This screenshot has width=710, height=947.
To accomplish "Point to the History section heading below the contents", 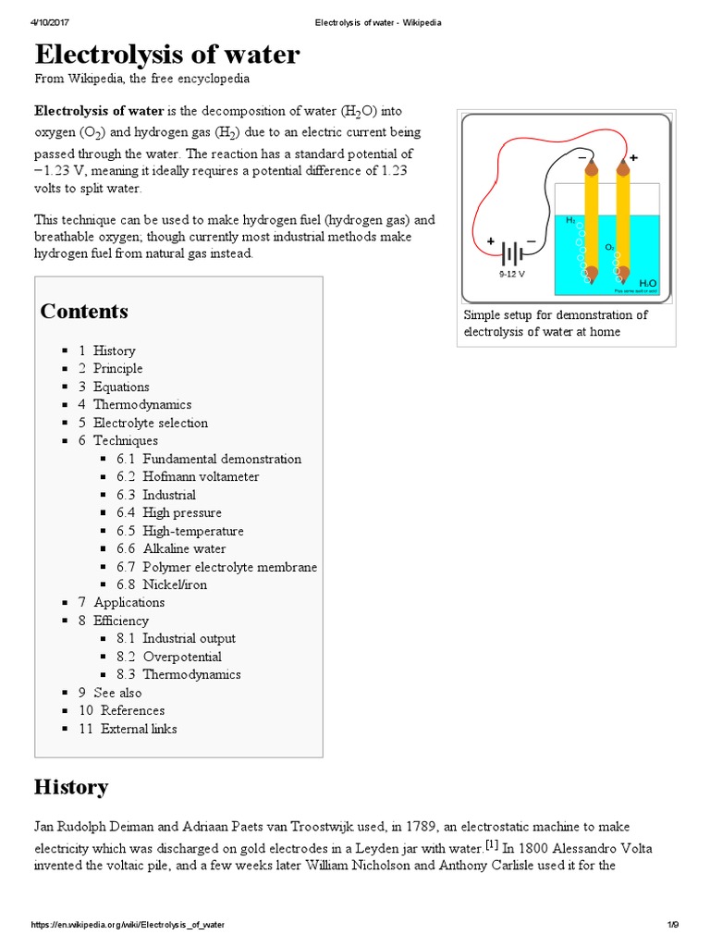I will (71, 787).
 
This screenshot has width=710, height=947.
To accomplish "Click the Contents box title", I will (84, 311).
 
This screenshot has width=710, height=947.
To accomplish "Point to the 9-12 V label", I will (511, 274).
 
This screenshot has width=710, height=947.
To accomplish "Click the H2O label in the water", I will (647, 283).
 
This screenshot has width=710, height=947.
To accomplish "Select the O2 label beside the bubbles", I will (609, 247).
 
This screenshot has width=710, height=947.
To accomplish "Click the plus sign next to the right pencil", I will (633, 158).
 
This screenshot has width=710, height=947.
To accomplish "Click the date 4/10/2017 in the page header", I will (54, 22).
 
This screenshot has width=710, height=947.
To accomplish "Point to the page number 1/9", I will (673, 925).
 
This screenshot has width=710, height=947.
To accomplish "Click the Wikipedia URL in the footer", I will (129, 925).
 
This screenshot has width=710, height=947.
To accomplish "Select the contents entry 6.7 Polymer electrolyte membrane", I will (216, 567).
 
